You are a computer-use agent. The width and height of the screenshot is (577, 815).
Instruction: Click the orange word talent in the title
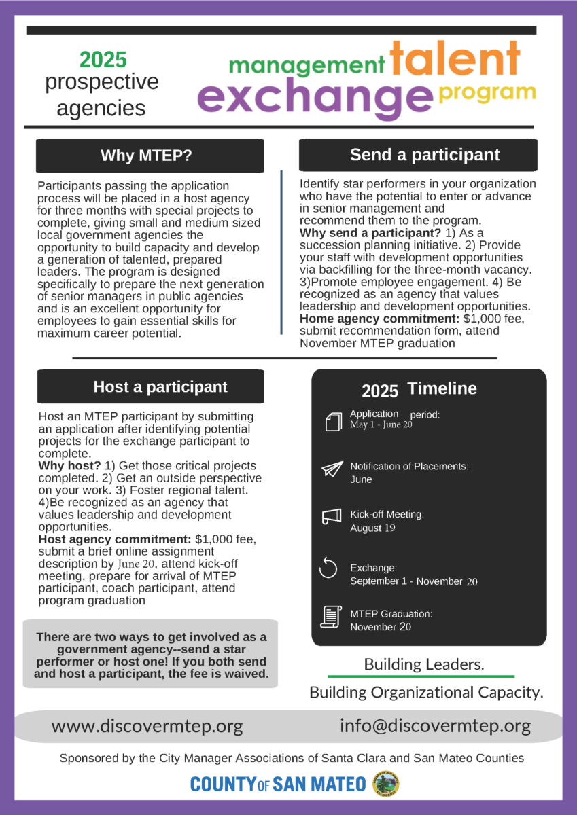coord(455,60)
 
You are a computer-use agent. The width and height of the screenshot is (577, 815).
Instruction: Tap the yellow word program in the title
coord(487,92)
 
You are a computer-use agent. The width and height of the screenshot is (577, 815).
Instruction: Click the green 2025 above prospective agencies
coord(103,60)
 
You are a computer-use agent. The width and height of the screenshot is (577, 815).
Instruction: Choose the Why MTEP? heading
coord(146,156)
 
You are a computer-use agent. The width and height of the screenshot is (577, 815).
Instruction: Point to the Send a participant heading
coord(425,155)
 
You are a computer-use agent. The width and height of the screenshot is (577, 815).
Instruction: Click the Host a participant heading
coord(160,387)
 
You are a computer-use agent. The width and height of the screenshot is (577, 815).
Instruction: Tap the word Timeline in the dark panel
coord(442,388)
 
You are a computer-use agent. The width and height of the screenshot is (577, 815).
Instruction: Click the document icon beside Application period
coord(333,422)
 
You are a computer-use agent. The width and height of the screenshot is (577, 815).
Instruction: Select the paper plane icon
coord(332,469)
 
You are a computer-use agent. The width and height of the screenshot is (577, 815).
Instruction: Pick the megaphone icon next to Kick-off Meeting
coord(331,518)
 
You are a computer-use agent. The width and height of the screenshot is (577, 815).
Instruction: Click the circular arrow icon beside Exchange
coord(328,568)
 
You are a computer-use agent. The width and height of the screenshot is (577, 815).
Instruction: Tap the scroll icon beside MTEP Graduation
coord(330,616)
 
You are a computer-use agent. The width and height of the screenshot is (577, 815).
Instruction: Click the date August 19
coord(372,528)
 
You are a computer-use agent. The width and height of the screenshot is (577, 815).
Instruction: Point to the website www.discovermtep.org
coord(147,726)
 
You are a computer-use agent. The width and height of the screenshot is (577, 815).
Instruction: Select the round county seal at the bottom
coord(387,784)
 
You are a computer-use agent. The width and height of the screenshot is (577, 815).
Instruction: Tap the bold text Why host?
coord(70,465)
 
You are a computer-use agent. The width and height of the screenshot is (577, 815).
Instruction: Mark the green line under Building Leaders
coord(421,676)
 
